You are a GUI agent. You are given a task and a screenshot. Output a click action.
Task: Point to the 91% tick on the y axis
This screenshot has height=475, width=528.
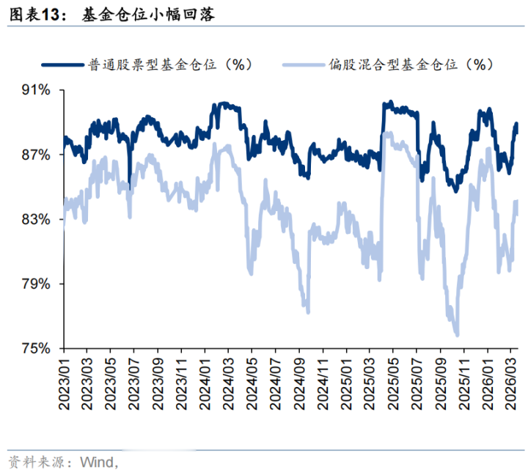coord(35,90)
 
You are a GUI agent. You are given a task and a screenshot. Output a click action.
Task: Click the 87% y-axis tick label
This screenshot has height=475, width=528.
coord(35,155)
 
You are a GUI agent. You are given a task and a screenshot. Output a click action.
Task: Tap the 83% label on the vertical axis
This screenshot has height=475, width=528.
coord(35,219)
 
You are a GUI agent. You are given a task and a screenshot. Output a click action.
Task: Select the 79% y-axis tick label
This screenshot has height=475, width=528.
coord(35,284)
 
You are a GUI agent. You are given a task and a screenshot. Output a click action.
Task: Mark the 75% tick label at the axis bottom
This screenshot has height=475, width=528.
coord(35,348)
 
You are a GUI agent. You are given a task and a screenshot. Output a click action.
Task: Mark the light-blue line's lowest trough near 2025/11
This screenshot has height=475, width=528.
coord(458,335)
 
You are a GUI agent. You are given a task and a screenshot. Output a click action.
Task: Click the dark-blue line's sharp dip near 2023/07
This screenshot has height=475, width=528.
coord(130,188)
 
